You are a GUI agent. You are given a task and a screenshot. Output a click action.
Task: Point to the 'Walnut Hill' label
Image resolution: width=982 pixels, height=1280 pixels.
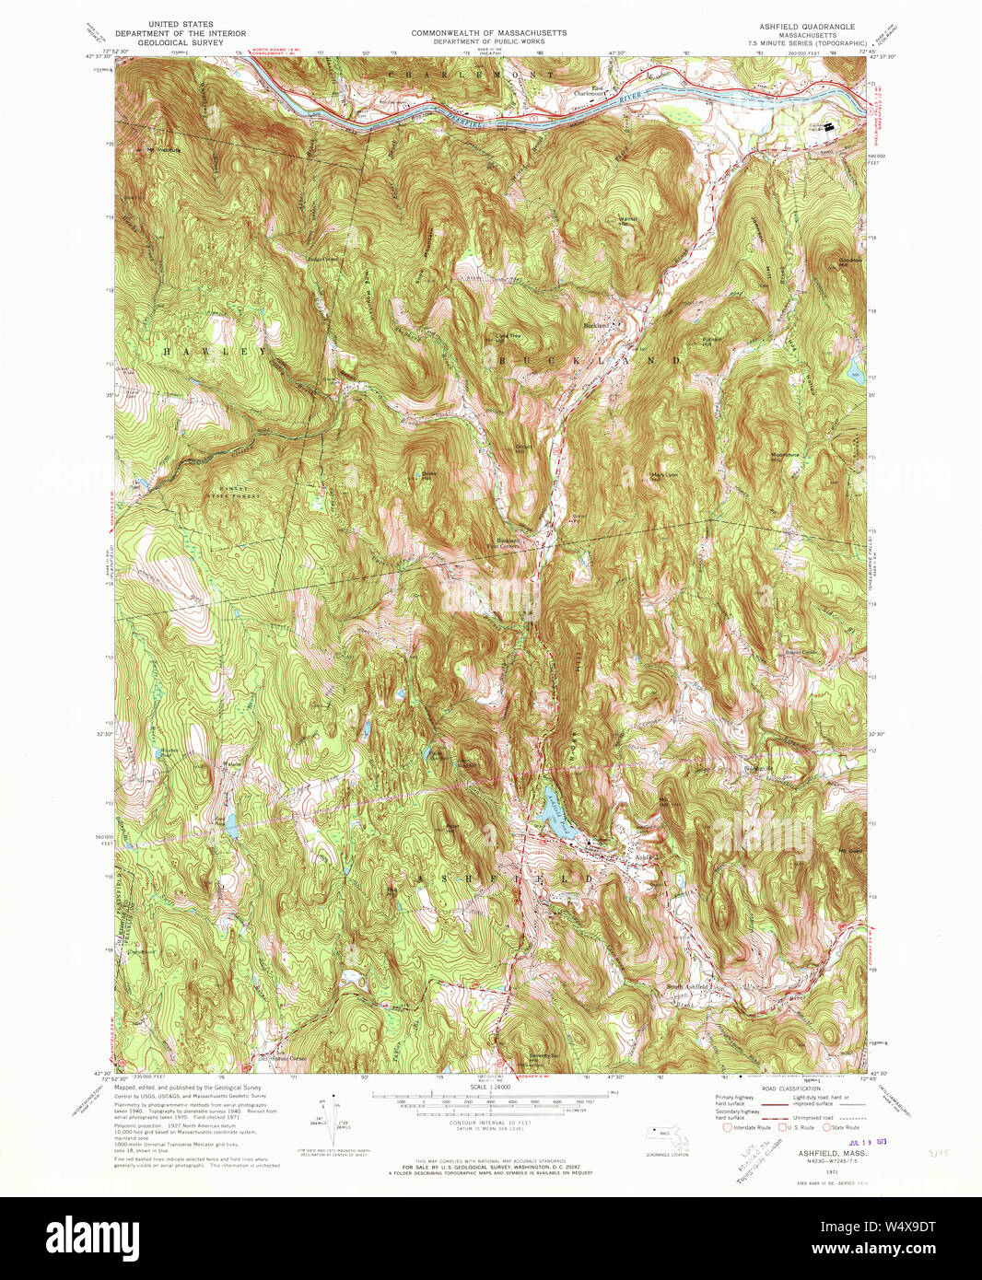(629, 220)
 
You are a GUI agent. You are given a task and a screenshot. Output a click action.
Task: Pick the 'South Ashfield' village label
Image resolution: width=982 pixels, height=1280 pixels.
(688, 987)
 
